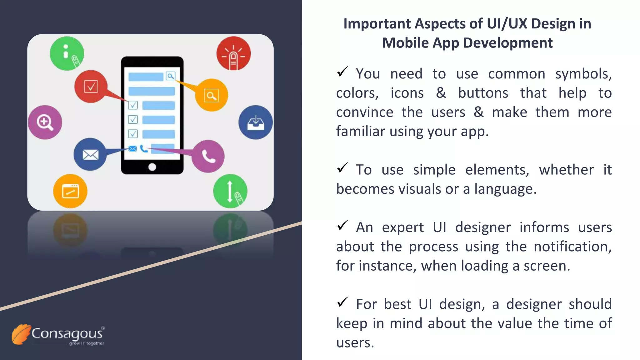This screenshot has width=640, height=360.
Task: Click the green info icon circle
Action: point(67,53)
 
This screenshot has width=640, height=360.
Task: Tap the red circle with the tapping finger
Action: point(233,53)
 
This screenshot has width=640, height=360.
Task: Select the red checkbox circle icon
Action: point(91,87)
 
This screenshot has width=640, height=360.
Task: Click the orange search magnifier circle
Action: point(212,95)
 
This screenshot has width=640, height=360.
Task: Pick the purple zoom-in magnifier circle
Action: point(45,122)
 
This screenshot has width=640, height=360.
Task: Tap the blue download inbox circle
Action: point(256,122)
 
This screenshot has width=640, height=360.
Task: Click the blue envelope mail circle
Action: point(90,154)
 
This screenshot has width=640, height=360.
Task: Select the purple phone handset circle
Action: point(208,156)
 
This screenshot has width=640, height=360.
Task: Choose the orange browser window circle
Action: point(70,191)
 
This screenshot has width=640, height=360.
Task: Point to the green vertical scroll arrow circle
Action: point(230,191)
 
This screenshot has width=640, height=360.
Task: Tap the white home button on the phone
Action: point(152,167)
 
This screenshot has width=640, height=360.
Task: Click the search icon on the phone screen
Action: point(171,76)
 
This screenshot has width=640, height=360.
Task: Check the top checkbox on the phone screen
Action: point(133,105)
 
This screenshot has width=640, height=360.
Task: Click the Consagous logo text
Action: point(67,333)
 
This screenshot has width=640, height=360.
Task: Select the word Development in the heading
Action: point(508,43)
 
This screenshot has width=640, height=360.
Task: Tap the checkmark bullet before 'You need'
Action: point(342,72)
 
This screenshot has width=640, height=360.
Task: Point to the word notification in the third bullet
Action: point(572,247)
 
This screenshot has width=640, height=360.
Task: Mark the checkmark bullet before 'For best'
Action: point(342,302)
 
